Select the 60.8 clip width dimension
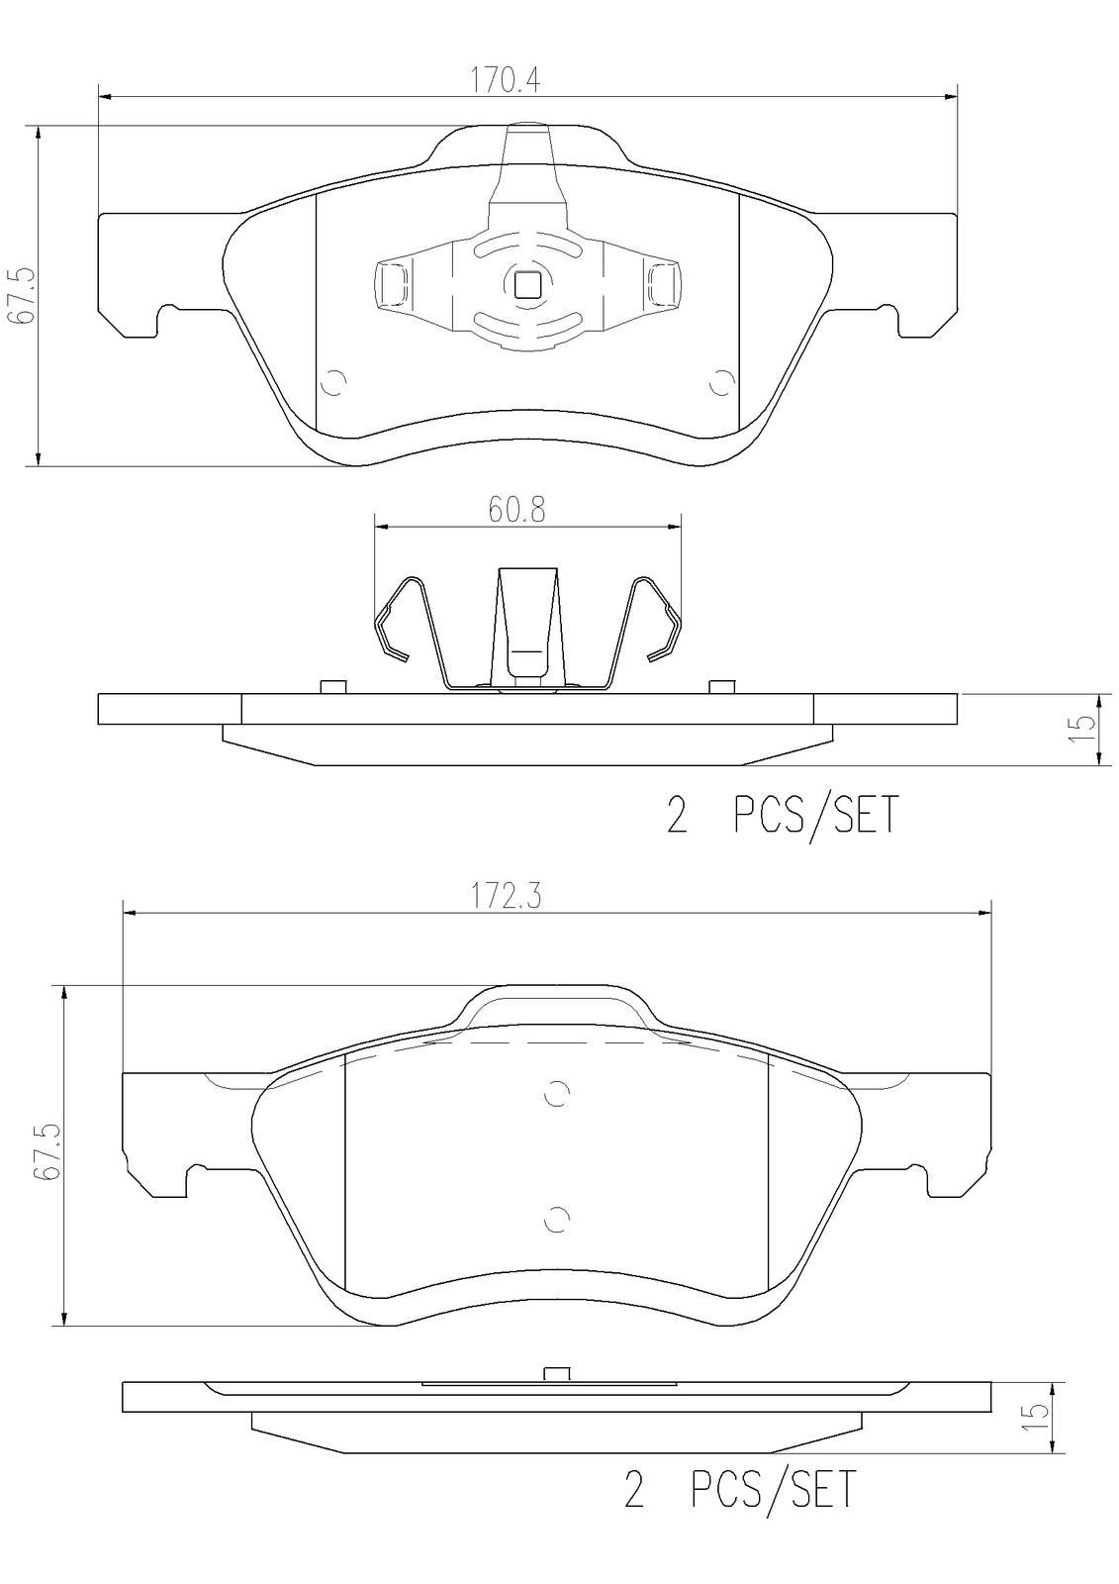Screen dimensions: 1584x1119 click(516, 511)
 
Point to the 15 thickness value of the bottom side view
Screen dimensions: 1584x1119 click(1038, 1416)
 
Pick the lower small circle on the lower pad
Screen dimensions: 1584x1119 click(558, 1220)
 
